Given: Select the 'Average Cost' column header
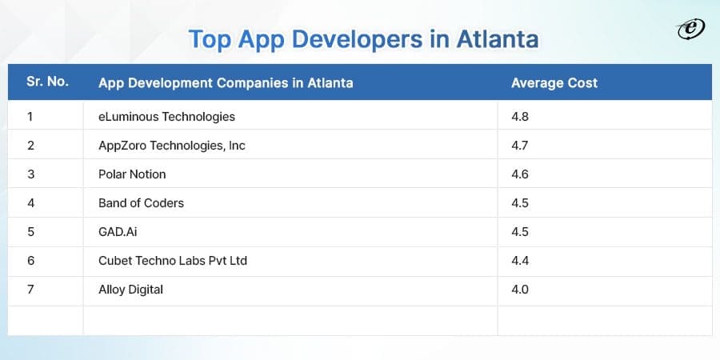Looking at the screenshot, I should [554, 82].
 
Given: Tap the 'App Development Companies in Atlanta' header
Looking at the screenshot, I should [225, 82].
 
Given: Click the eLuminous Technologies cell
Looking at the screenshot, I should [166, 117].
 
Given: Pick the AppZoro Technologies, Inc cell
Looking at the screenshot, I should [174, 146].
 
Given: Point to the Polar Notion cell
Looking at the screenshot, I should [132, 174].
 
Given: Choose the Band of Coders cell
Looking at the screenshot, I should [141, 203].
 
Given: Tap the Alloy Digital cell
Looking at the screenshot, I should [130, 290].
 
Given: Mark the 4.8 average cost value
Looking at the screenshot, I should [520, 117].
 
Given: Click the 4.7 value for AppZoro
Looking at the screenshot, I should [520, 146].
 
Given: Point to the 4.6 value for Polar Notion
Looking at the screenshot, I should [520, 174].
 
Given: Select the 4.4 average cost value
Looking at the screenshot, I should [520, 261].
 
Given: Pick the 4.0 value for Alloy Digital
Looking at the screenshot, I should [520, 290].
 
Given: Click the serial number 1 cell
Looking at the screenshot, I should [30, 117].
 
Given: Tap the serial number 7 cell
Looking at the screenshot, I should [30, 290].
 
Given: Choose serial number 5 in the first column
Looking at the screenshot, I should [30, 232].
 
